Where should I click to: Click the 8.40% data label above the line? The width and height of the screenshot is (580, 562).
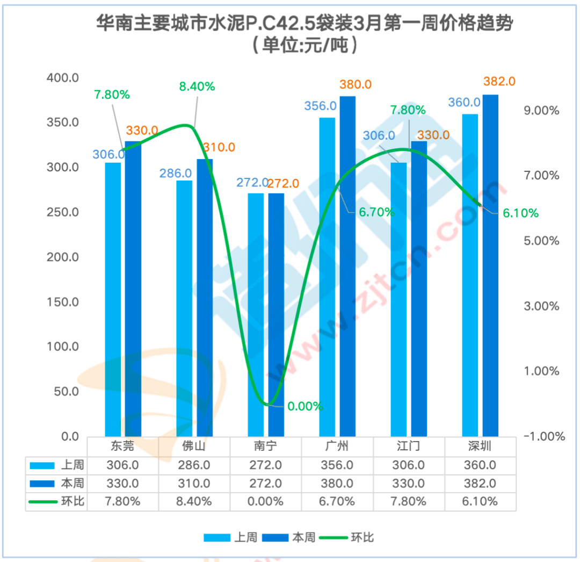(x=197, y=86)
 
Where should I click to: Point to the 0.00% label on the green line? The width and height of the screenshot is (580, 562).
(x=305, y=406)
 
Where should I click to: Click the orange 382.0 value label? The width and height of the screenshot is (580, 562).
(x=499, y=81)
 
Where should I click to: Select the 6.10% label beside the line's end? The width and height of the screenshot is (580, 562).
(x=520, y=213)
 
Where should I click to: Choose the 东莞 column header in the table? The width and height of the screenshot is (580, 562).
(x=123, y=446)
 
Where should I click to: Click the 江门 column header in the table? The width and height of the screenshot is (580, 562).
(x=409, y=446)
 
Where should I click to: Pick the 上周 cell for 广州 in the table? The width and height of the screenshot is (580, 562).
(x=337, y=465)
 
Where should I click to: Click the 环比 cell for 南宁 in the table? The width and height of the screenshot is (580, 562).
(x=265, y=501)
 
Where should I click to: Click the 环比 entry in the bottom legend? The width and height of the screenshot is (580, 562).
(x=361, y=537)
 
